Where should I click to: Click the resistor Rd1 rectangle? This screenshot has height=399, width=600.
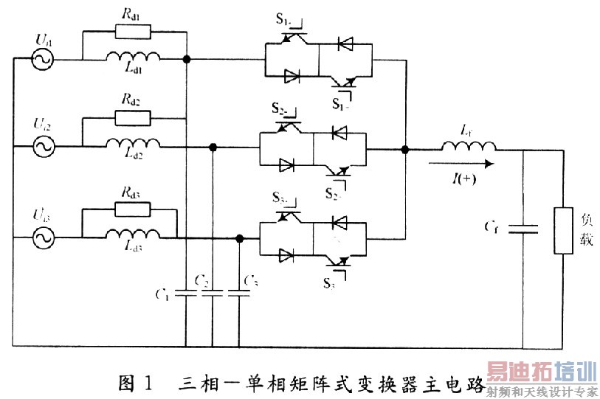point(133,30)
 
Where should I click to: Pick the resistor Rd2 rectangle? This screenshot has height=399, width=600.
point(133,117)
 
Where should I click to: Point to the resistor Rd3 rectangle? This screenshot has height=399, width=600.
point(133,208)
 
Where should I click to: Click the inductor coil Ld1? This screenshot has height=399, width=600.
point(133,58)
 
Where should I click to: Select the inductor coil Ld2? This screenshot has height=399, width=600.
point(133,145)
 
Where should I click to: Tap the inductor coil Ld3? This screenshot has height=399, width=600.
point(133,235)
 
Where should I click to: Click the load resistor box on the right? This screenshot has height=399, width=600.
point(564,231)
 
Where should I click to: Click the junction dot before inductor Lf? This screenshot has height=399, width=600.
point(405,149)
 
